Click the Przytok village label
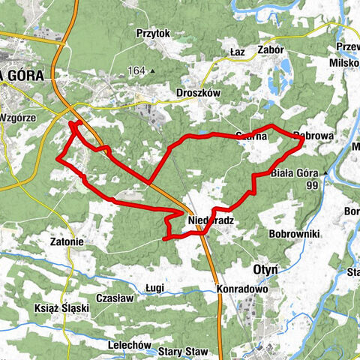154,34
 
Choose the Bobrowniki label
295,234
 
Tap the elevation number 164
136,71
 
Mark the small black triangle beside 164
152,72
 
